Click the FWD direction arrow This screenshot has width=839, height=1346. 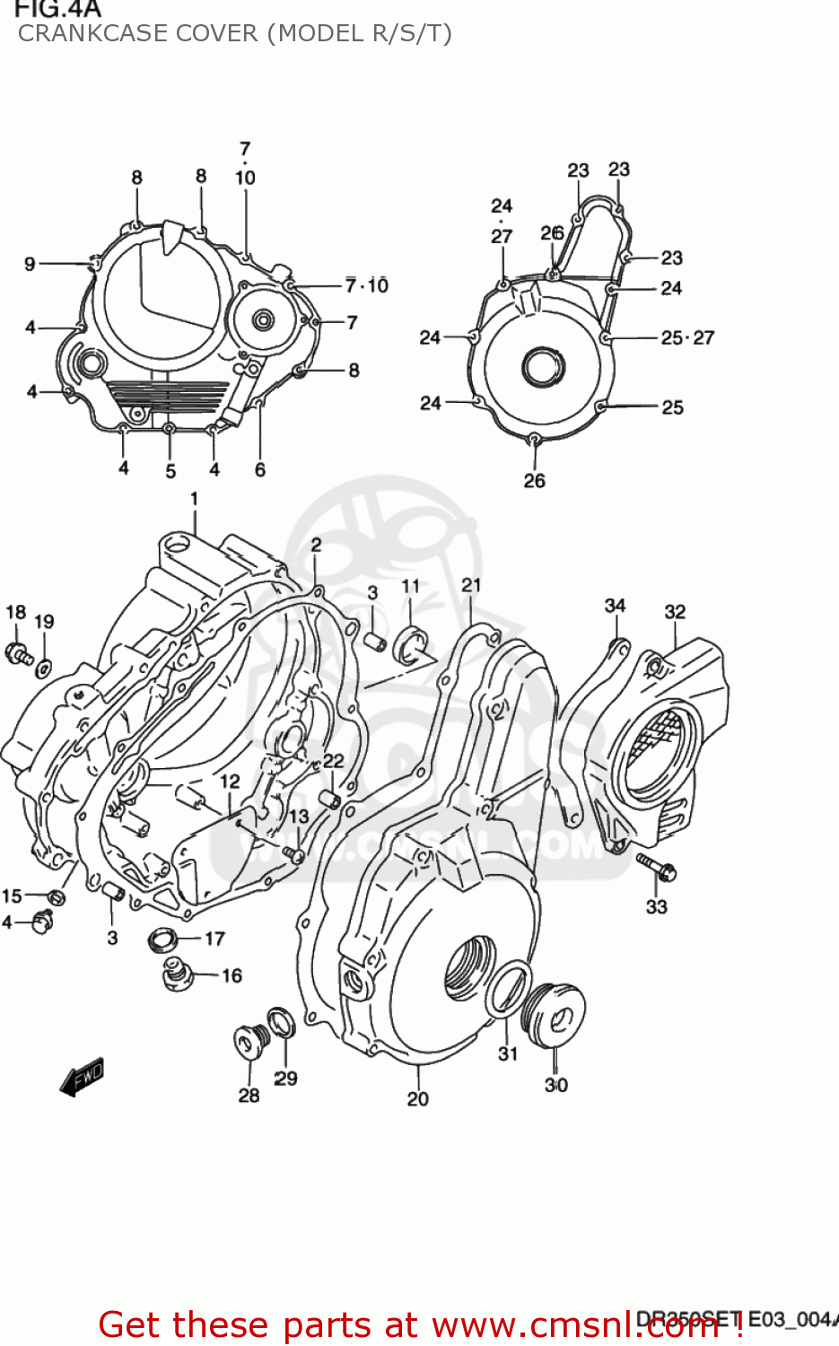[x=82, y=1076]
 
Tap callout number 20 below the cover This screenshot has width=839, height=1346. [x=417, y=1098]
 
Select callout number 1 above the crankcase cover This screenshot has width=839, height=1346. [x=194, y=498]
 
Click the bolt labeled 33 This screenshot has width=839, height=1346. [x=657, y=867]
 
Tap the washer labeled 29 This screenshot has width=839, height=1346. [x=281, y=1022]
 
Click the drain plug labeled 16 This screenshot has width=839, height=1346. [x=177, y=974]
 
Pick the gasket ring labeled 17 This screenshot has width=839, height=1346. [x=163, y=940]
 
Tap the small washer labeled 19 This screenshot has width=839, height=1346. [x=43, y=667]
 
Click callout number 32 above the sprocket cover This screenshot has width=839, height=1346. [x=675, y=611]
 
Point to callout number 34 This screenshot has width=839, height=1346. [x=615, y=606]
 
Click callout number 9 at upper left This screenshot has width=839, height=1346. [x=30, y=264]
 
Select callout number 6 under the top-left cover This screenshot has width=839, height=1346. [x=260, y=469]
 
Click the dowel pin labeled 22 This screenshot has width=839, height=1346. [x=329, y=797]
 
